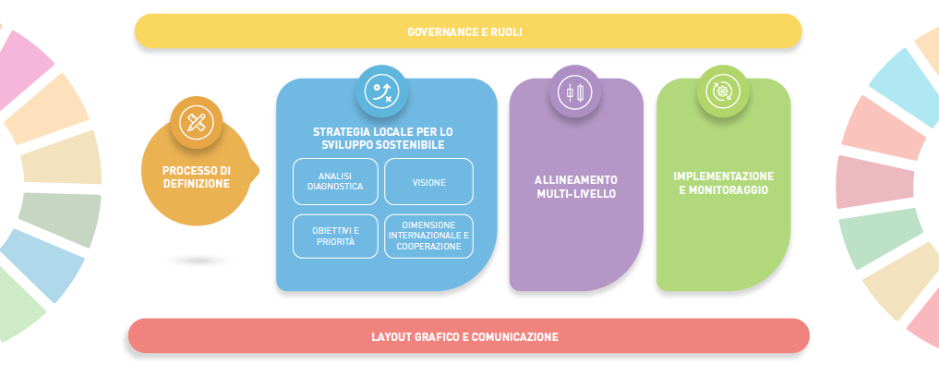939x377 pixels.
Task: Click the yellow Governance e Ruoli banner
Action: coord(468,31)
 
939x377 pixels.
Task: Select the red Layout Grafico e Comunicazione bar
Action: coord(468,336)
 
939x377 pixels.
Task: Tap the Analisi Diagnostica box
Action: coord(334,182)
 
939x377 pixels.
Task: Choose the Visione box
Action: coord(428,182)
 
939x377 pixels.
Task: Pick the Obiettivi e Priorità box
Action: coord(334,236)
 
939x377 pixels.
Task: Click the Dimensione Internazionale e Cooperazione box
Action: coord(428,236)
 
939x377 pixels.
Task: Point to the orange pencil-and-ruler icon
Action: coord(196,122)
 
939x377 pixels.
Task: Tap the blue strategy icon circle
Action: coord(381,91)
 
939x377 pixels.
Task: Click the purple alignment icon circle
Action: coord(575,92)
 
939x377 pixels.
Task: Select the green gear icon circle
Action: coord(722,91)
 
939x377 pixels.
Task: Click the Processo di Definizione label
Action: coord(196,176)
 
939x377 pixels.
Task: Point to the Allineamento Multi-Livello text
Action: coord(576,187)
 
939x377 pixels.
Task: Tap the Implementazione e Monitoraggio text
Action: coord(724,183)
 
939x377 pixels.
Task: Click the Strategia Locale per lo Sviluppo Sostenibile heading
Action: coord(382,139)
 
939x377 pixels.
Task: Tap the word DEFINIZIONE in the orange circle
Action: coord(196,183)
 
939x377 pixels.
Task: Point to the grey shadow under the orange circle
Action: coord(198,261)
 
